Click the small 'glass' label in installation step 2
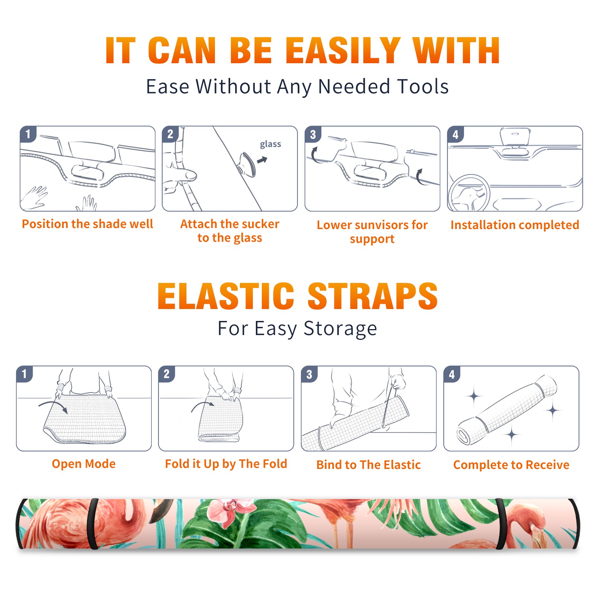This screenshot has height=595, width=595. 270,144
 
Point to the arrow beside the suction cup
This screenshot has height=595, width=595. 262,160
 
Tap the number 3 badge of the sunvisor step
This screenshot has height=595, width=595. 313,134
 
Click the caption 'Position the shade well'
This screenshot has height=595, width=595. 87,224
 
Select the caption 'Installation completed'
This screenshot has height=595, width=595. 515,225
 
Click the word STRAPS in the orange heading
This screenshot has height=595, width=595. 373,296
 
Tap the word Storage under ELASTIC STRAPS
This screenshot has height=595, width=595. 340,329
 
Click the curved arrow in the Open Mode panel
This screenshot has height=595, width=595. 54,406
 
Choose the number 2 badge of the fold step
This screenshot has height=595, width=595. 167,374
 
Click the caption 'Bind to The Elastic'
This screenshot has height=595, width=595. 369,465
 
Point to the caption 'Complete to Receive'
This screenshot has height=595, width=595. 511,465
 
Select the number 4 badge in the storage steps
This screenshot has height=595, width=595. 452,374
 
